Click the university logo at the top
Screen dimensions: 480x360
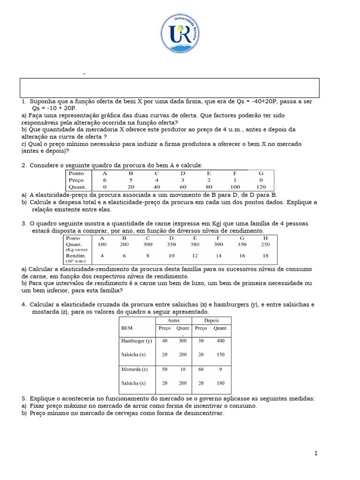[180, 33]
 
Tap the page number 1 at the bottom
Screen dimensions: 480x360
[316, 453]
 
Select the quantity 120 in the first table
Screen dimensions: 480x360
[261, 187]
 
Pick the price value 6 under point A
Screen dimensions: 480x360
[105, 180]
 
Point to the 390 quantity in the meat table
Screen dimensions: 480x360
[218, 244]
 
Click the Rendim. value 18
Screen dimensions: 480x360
[266, 255]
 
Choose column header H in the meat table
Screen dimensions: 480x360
[266, 238]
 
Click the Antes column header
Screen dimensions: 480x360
[173, 321]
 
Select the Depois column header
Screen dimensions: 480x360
[211, 321]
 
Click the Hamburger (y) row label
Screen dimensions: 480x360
[136, 341]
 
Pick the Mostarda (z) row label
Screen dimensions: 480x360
[135, 369]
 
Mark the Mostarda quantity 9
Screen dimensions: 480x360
[220, 369]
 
